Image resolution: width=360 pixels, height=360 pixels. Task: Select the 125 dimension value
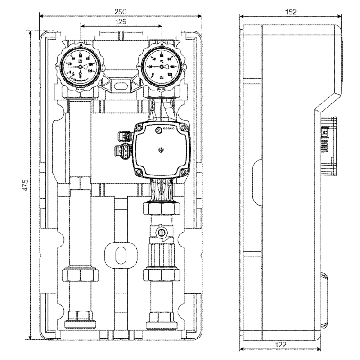(121, 21)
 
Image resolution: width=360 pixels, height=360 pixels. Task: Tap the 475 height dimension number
(26, 184)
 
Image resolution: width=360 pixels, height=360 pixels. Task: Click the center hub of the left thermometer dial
(81, 66)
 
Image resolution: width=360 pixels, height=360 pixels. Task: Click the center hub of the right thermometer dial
(161, 66)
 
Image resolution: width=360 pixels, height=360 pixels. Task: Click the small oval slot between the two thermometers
(121, 84)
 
